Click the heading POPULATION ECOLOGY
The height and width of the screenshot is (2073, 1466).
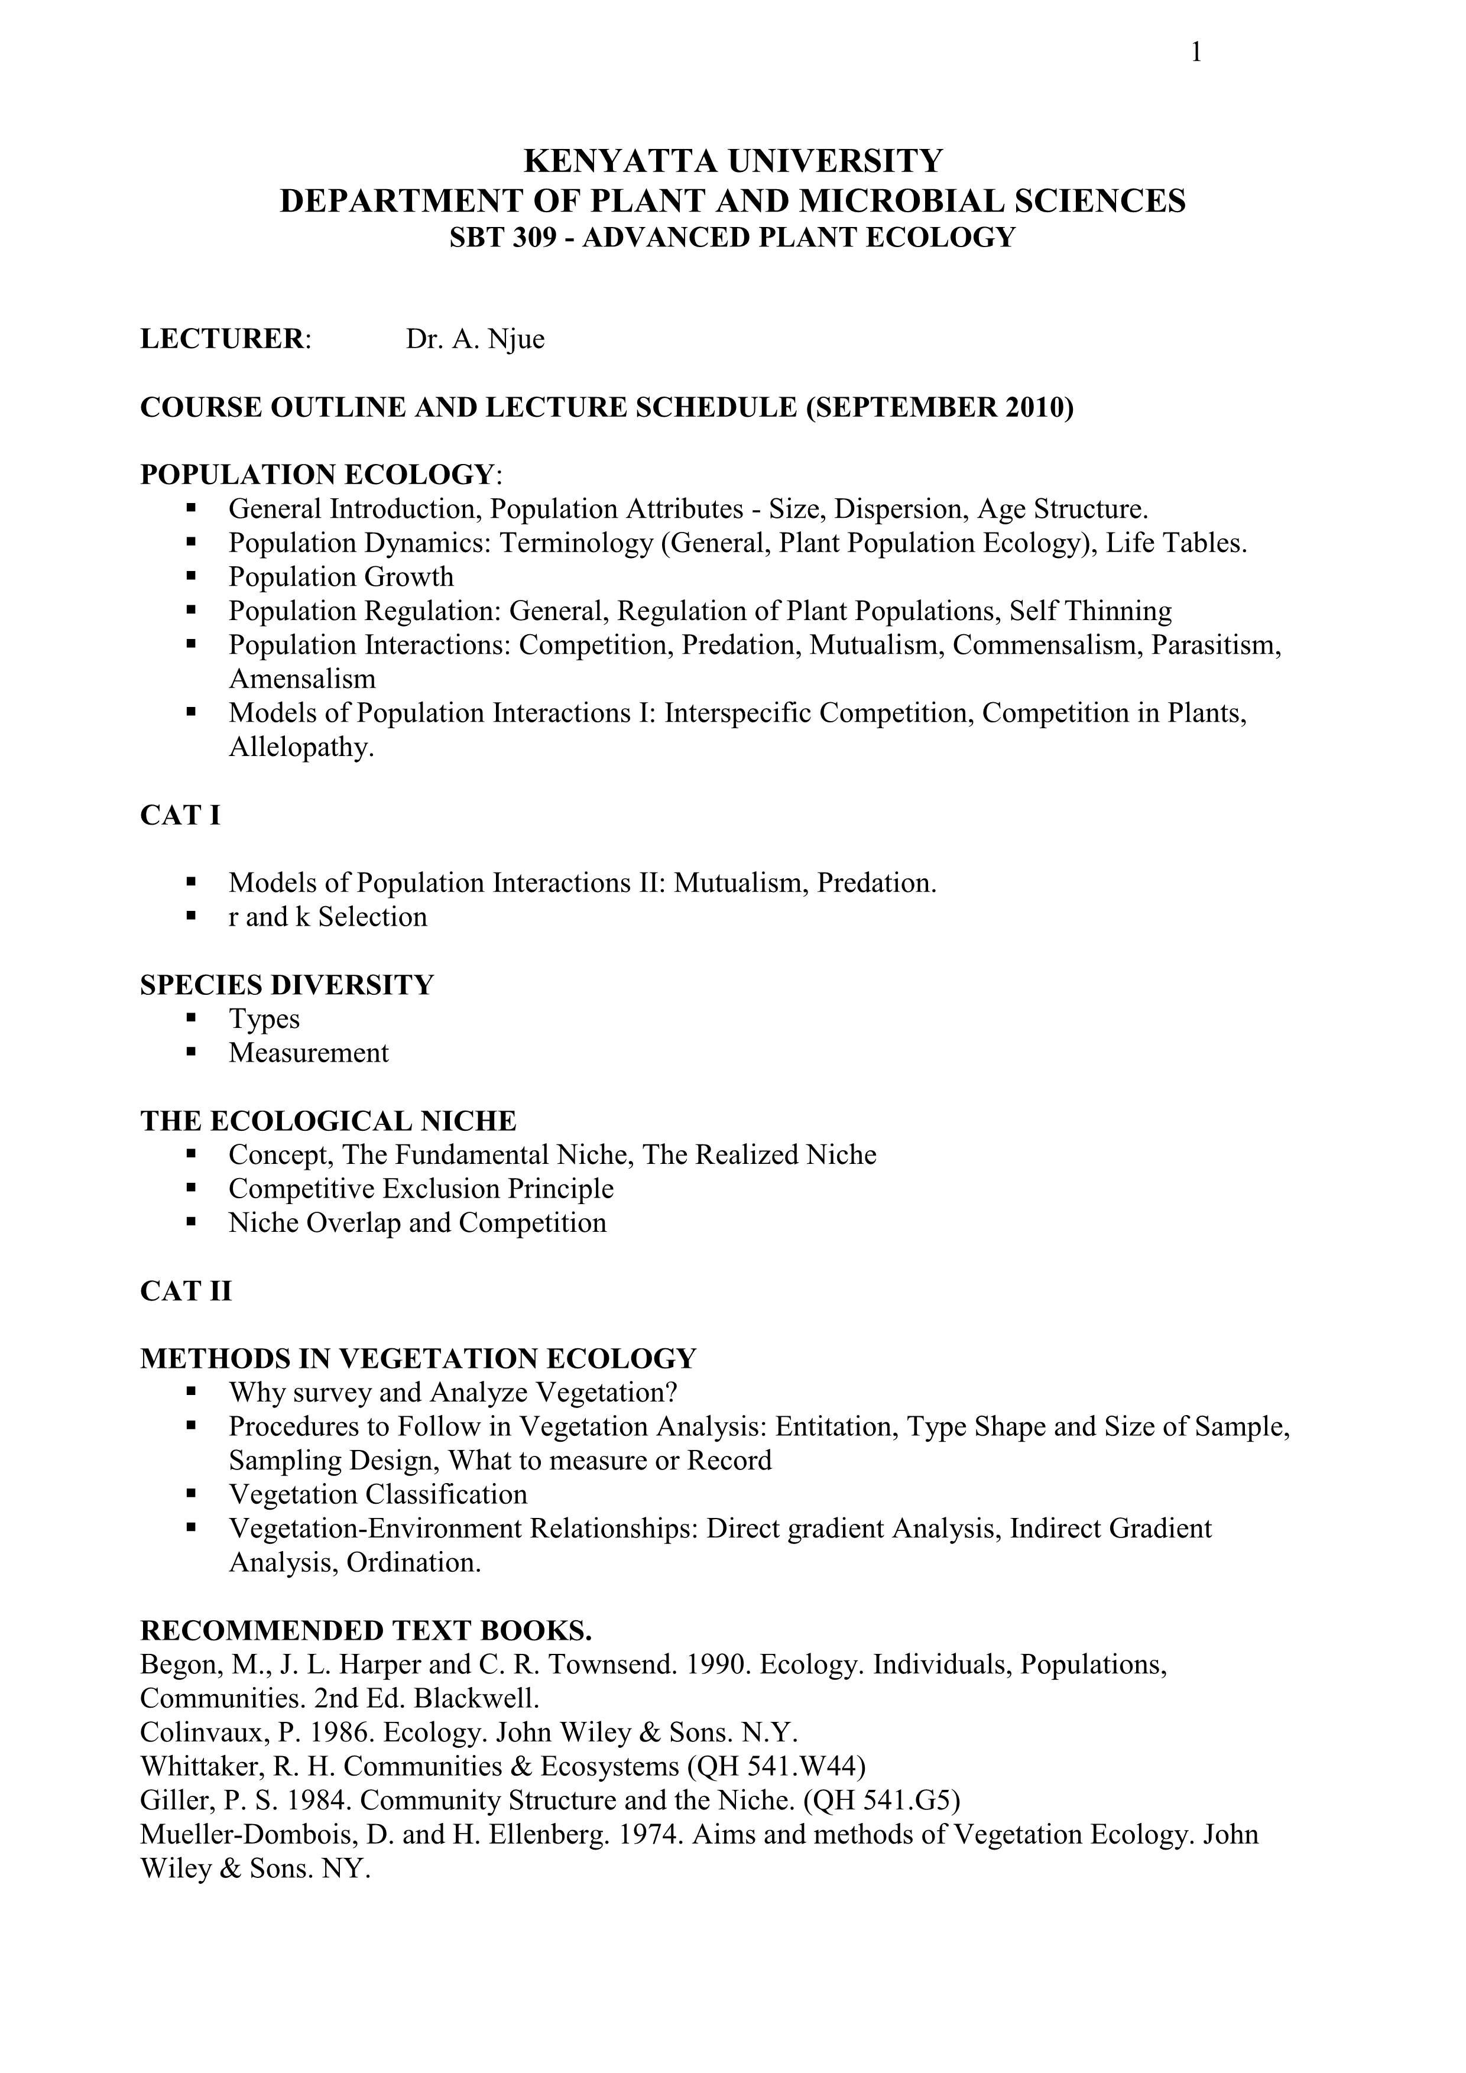(x=316, y=475)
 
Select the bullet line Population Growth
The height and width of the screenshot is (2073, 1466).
(x=340, y=577)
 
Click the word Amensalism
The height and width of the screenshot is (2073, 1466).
(x=301, y=679)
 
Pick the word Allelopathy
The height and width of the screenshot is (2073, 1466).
(x=301, y=748)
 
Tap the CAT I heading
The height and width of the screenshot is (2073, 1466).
(x=180, y=815)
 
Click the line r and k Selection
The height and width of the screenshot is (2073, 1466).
(x=327, y=917)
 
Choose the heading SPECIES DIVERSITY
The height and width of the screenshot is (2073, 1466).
(x=287, y=985)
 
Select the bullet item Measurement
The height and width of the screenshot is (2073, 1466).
(x=308, y=1053)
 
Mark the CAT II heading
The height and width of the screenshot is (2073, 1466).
(x=186, y=1291)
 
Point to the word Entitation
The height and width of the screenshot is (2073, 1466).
(x=836, y=1426)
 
